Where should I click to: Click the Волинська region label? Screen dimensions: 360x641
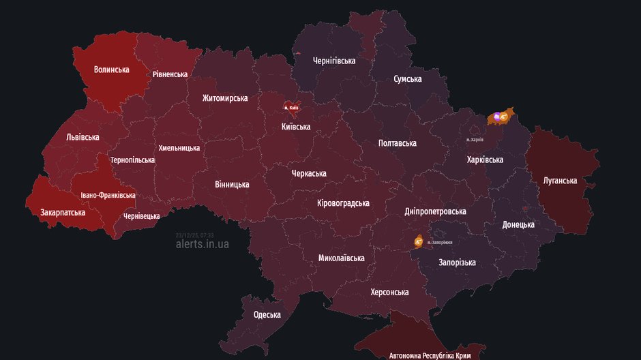(x=112, y=70)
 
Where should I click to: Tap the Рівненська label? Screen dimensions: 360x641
(x=170, y=74)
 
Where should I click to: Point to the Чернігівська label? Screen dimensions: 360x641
(x=334, y=61)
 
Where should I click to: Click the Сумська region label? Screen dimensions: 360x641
(x=407, y=79)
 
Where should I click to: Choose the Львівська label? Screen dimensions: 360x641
(x=83, y=137)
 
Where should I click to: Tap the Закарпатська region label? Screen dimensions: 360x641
(x=63, y=212)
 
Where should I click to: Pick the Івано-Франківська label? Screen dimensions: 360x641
(x=108, y=195)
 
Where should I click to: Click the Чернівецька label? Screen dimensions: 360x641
(x=142, y=216)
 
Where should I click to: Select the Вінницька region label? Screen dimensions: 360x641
(x=232, y=184)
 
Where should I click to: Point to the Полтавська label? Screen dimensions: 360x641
(x=398, y=143)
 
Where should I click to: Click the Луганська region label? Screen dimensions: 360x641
(x=560, y=181)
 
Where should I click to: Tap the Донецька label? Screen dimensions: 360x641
(x=518, y=224)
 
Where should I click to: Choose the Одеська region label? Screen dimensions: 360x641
(x=267, y=314)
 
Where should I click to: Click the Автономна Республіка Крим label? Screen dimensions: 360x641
(x=430, y=355)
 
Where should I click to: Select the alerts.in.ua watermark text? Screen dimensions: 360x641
(x=203, y=243)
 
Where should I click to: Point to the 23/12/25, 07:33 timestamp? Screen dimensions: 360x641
(x=194, y=235)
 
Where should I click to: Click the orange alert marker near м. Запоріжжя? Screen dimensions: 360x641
(x=417, y=241)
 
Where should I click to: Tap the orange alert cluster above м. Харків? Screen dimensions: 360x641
(x=500, y=117)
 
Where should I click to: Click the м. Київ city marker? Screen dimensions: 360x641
(x=291, y=107)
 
